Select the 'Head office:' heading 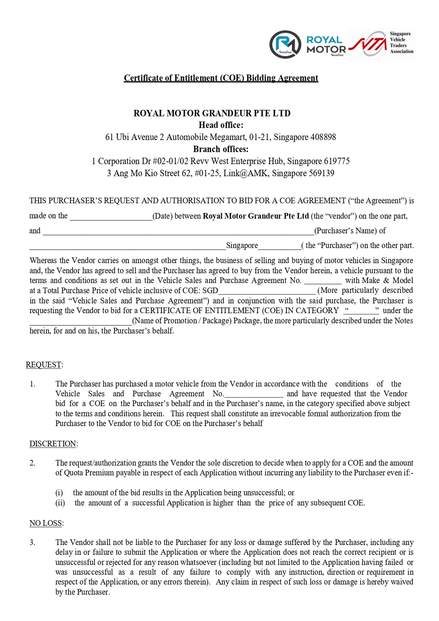click(x=221, y=125)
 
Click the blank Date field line click(x=111, y=218)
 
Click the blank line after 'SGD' click(x=267, y=292)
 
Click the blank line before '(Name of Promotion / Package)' click(x=81, y=322)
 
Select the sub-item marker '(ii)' click(x=60, y=503)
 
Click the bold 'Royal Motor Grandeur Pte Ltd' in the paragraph click(x=256, y=216)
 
